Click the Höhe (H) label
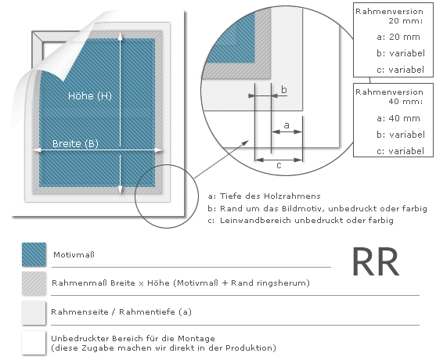click(x=90, y=96)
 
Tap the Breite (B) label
click(x=75, y=143)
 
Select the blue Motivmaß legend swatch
click(x=34, y=254)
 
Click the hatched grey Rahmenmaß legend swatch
click(x=34, y=283)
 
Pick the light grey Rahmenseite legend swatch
click(x=34, y=312)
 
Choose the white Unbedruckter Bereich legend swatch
click(x=34, y=343)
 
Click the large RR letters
click(x=376, y=262)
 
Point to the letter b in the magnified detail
click(x=283, y=89)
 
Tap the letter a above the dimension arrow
click(x=286, y=125)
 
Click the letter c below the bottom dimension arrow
click(x=279, y=166)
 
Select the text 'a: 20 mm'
click(x=398, y=37)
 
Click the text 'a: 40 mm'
click(x=398, y=118)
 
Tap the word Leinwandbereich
click(x=256, y=221)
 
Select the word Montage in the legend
click(x=196, y=339)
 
